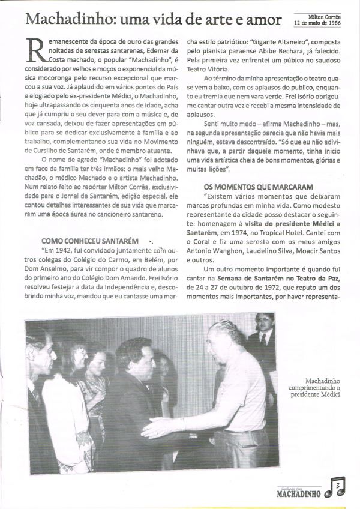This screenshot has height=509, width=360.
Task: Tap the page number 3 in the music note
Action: [x=340, y=484]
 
